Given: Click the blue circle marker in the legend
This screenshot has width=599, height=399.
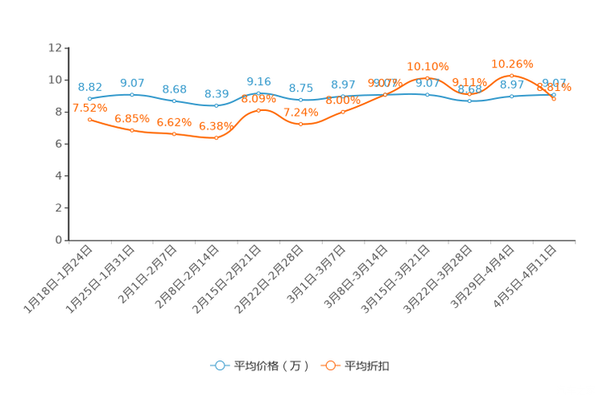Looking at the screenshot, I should click(219, 365).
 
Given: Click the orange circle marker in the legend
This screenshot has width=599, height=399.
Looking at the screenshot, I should click(329, 365).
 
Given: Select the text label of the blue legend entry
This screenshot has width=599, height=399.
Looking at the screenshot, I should click(271, 366).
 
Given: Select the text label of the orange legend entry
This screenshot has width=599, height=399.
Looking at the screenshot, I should click(368, 366).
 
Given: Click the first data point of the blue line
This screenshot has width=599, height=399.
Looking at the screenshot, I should click(89, 98).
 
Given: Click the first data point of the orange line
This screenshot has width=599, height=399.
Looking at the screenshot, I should click(89, 119).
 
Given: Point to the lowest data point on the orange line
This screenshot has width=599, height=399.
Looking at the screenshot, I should click(216, 138).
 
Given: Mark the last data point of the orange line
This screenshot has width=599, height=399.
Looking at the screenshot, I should click(554, 98).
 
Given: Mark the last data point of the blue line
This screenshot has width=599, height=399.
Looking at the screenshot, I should click(554, 94).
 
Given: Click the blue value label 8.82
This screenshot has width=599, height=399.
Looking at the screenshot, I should click(89, 86).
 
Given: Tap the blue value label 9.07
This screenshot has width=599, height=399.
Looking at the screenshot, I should click(131, 82).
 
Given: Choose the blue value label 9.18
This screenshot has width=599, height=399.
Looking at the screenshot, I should click(258, 80).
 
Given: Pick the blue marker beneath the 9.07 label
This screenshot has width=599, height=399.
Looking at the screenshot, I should click(131, 94).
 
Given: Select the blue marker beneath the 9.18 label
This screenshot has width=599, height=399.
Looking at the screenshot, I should click(258, 93).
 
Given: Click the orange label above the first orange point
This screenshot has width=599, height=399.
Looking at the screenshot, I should click(90, 108).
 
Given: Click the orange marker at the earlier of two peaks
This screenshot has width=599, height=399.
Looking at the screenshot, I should click(427, 76).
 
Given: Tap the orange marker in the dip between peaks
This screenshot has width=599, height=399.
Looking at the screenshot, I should click(469, 95).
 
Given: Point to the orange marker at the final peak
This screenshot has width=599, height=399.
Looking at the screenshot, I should click(511, 75).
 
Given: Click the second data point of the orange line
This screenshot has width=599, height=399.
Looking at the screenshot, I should click(131, 130).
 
